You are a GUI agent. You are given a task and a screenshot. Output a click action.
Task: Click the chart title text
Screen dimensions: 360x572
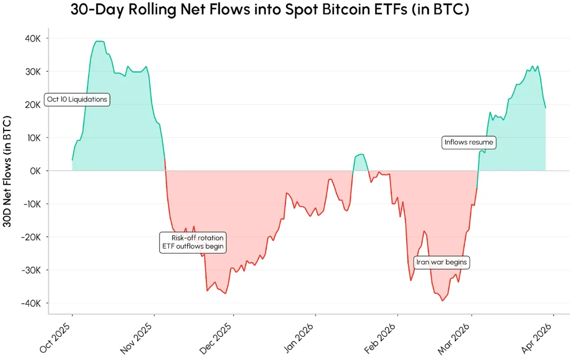[269, 10]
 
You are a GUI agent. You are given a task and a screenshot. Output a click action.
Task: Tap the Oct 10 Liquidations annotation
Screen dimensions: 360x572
[77, 100]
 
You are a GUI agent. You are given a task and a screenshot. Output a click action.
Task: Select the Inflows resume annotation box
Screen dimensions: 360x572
[469, 142]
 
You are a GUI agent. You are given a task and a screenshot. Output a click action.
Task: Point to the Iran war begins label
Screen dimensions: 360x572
[441, 263]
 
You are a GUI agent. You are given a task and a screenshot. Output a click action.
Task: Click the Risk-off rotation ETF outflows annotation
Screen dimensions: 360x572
[193, 242]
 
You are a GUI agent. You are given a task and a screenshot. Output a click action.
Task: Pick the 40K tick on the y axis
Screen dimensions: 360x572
[31, 38]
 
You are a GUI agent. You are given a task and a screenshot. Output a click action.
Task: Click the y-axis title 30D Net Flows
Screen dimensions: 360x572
[7, 171]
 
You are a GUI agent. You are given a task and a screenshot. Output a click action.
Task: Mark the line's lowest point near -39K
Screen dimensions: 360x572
[442, 301]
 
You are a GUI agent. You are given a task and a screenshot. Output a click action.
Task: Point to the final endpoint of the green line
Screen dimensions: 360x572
[545, 107]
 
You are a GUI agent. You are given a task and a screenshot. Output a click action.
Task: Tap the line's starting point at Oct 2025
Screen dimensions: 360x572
[72, 160]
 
